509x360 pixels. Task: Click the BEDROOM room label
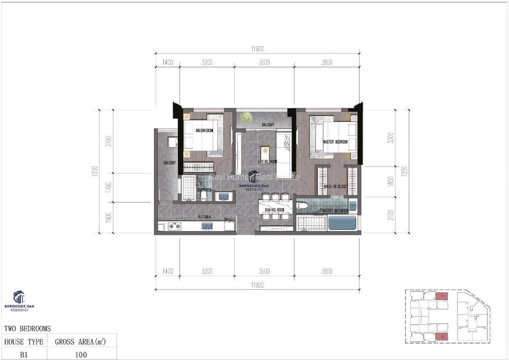[204, 131]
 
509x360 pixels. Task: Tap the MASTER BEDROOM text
[335, 142]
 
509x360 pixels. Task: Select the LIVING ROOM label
[267, 162]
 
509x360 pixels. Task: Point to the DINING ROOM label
[274, 210]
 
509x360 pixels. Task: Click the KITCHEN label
[204, 217]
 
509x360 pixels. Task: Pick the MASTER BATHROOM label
[335, 211]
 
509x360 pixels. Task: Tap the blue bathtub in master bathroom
[342, 223]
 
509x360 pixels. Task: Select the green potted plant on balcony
[245, 118]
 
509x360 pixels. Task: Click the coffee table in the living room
[265, 151]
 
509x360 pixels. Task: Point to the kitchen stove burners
[174, 226]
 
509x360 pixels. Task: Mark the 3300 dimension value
[391, 138]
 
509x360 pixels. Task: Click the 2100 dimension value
[391, 215]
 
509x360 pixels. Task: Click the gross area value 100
[81, 354]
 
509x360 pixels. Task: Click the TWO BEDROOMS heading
[27, 329]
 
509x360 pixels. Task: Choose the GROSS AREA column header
[81, 342]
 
